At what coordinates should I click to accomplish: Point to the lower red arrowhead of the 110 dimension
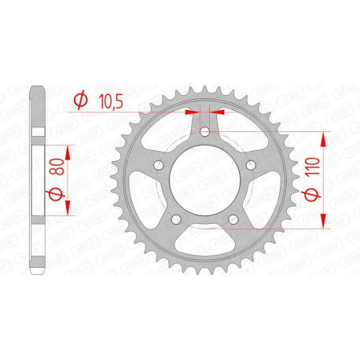(x=323, y=223)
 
